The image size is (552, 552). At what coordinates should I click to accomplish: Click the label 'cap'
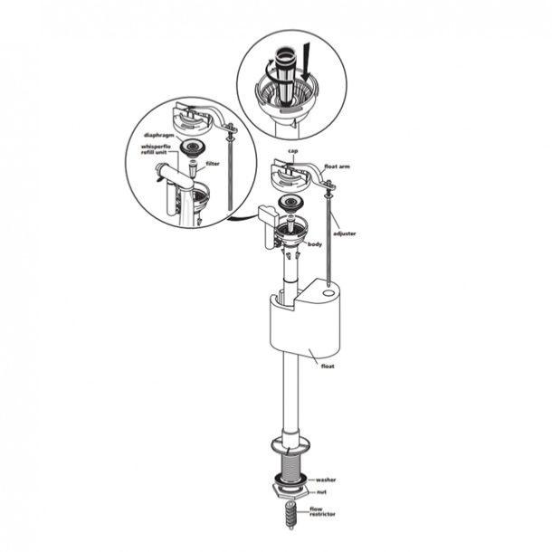pyautogui.click(x=293, y=151)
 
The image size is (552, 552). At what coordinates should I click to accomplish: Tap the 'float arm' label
pyautogui.click(x=337, y=167)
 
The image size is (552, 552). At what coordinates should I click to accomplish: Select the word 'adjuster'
pyautogui.click(x=344, y=233)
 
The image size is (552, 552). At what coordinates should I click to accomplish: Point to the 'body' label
pyautogui.click(x=315, y=244)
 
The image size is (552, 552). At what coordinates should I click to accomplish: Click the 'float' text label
pyautogui.click(x=328, y=366)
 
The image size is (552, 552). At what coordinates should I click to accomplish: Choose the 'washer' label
pyautogui.click(x=326, y=480)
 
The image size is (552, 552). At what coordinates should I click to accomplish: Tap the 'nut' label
pyautogui.click(x=321, y=491)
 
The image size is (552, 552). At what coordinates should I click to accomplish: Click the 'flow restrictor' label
pyautogui.click(x=322, y=511)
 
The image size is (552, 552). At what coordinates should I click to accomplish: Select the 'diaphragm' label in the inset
pyautogui.click(x=158, y=136)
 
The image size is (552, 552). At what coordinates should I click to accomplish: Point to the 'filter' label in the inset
pyautogui.click(x=213, y=164)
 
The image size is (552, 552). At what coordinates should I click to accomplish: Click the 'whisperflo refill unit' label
pyautogui.click(x=156, y=149)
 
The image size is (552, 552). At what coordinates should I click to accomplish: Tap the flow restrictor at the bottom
pyautogui.click(x=290, y=515)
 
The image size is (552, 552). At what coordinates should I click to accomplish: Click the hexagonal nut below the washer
pyautogui.click(x=290, y=490)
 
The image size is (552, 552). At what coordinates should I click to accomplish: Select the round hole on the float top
pyautogui.click(x=329, y=293)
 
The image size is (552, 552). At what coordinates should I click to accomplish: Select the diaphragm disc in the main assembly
pyautogui.click(x=290, y=204)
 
